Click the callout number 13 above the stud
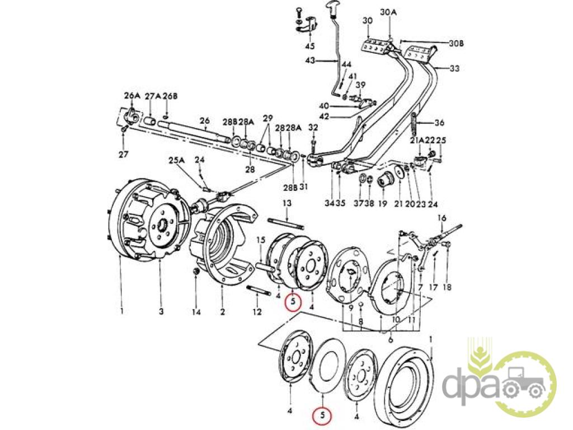[287, 202]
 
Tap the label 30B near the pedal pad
[457, 43]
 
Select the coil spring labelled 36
[415, 124]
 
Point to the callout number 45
[309, 46]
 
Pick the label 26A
[131, 96]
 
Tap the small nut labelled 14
[196, 272]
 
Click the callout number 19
[382, 204]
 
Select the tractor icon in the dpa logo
[524, 386]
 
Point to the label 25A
[177, 160]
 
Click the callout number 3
[160, 311]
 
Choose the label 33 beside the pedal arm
[454, 68]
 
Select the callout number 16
[442, 218]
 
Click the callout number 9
[350, 308]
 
